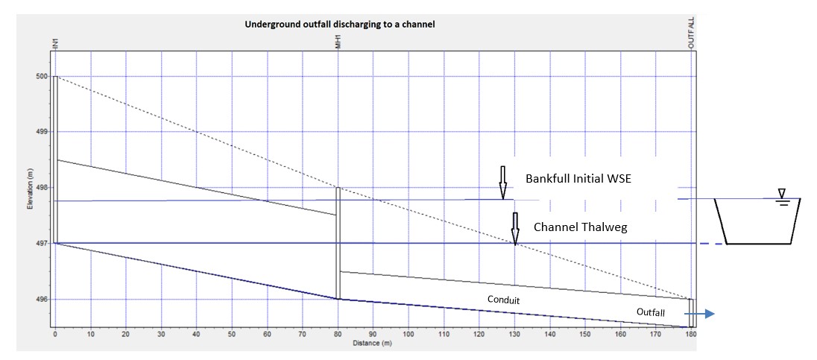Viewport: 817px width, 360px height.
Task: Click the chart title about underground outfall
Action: (x=340, y=24)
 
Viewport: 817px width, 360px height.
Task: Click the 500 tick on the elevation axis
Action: (x=42, y=76)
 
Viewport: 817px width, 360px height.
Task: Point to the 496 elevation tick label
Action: (x=42, y=300)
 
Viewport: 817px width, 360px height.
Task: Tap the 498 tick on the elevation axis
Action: (x=42, y=188)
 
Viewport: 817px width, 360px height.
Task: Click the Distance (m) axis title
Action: (x=373, y=344)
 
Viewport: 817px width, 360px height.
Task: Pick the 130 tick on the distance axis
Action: (x=514, y=335)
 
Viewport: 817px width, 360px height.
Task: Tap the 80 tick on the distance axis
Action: (x=338, y=335)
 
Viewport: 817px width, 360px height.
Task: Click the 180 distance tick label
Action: (x=691, y=335)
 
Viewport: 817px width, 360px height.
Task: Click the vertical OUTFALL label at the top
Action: (x=692, y=33)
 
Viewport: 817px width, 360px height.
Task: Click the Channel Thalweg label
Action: (x=581, y=227)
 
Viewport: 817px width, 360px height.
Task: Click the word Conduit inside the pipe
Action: (x=503, y=300)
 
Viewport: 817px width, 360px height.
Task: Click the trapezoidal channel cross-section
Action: (x=757, y=221)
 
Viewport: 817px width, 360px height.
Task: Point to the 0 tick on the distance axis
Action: (x=55, y=335)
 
